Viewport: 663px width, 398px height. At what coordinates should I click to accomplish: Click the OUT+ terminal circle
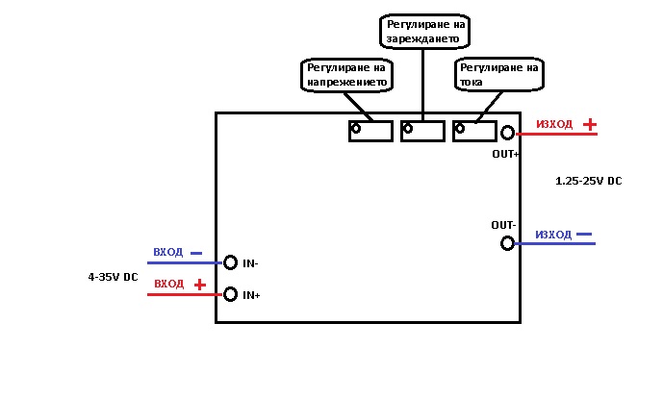(x=507, y=134)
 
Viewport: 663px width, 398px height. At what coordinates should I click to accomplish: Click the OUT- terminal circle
(x=507, y=243)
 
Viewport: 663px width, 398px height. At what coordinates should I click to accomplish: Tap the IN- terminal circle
(x=230, y=262)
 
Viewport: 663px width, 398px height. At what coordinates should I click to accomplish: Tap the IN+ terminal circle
(x=230, y=294)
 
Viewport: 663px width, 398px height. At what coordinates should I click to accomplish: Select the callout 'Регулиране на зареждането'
(x=425, y=31)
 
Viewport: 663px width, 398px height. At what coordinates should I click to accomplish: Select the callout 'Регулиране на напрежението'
(x=346, y=76)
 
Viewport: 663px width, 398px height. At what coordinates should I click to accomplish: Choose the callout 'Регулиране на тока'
(x=498, y=76)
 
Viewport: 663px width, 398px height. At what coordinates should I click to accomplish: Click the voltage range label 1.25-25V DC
(x=589, y=181)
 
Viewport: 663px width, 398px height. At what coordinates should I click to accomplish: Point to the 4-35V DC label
(x=113, y=277)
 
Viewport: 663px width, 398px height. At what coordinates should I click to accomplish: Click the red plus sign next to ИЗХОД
(x=589, y=125)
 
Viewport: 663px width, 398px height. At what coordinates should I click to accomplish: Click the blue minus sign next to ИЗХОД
(x=584, y=235)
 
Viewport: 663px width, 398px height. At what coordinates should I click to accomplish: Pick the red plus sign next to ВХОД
(x=199, y=285)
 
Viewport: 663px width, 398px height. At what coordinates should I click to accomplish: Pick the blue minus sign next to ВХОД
(x=196, y=253)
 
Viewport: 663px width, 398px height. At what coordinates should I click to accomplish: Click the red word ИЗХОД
(x=554, y=125)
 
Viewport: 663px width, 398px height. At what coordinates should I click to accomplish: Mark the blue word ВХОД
(x=167, y=253)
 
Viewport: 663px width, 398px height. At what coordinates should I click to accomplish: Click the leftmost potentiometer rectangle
(x=370, y=130)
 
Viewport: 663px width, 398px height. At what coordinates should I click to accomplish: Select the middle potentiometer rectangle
(x=423, y=130)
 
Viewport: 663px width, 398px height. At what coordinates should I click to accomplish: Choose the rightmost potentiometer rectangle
(x=474, y=130)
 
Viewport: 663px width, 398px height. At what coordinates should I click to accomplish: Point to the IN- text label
(x=251, y=263)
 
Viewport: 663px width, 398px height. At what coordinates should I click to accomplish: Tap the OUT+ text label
(x=505, y=154)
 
